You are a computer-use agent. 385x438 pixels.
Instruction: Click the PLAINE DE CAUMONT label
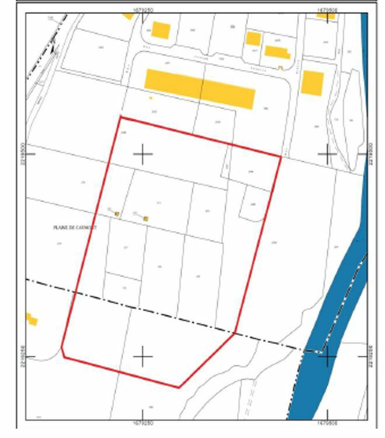point(74,227)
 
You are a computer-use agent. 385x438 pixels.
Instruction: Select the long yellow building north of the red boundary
point(200,89)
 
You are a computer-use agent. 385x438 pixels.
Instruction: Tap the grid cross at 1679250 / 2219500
point(143,154)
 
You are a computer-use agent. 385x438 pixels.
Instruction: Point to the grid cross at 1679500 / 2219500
point(327,154)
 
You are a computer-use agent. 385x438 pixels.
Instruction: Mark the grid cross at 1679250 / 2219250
point(143,356)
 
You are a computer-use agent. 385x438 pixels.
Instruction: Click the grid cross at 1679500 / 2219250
point(328,356)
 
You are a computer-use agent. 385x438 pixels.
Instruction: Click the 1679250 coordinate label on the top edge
point(143,9)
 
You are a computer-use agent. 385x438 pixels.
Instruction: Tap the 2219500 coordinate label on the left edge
point(23,154)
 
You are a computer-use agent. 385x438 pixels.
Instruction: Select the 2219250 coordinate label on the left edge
point(23,356)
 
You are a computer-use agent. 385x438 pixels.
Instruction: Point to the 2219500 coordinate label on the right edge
point(373,154)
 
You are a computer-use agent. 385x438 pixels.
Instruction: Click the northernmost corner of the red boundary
point(120,117)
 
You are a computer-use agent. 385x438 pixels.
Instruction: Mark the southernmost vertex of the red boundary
point(179,387)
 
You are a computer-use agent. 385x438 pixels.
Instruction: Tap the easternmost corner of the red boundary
point(281,156)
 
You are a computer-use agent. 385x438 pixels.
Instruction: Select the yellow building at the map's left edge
point(31,319)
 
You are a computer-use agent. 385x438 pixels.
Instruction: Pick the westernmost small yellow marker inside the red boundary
point(117,214)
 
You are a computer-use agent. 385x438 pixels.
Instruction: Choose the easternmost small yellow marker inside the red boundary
point(145,219)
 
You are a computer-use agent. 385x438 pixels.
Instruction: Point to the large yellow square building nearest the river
point(312,83)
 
